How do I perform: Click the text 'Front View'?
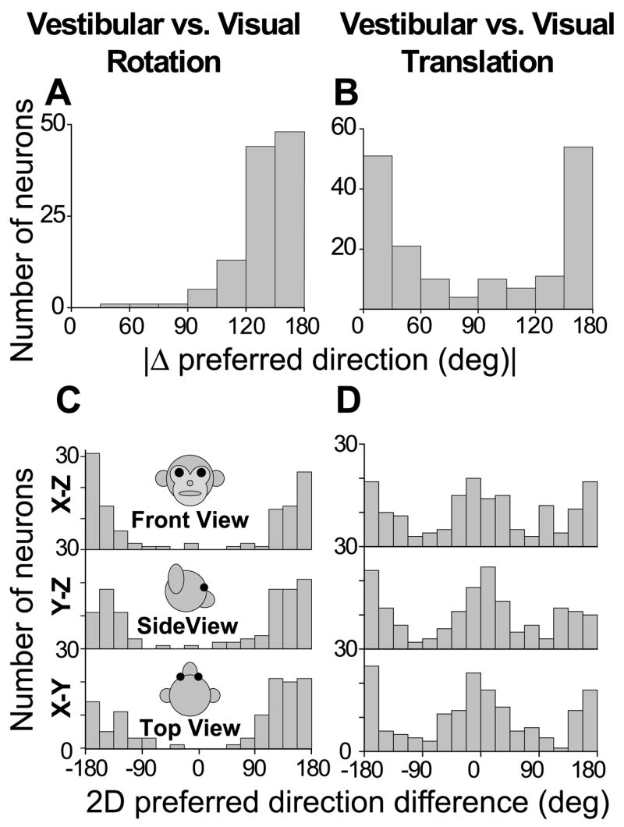point(190,519)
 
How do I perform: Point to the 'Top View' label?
point(190,729)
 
